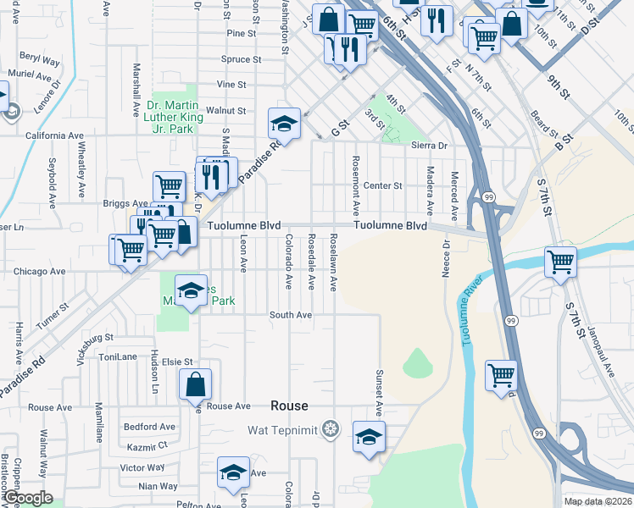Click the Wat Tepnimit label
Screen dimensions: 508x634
(282, 430)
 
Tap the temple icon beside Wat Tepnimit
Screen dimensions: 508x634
(330, 430)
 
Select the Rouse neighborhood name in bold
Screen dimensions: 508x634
(289, 406)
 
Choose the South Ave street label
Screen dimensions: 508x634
(291, 315)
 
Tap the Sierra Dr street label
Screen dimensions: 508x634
(429, 146)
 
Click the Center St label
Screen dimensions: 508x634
(382, 185)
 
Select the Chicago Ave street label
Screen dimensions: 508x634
(40, 272)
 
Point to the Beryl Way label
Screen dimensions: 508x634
(40, 62)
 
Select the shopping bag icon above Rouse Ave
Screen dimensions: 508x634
(195, 383)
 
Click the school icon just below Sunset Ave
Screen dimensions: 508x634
(369, 438)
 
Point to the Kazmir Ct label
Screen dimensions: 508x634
(145, 445)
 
